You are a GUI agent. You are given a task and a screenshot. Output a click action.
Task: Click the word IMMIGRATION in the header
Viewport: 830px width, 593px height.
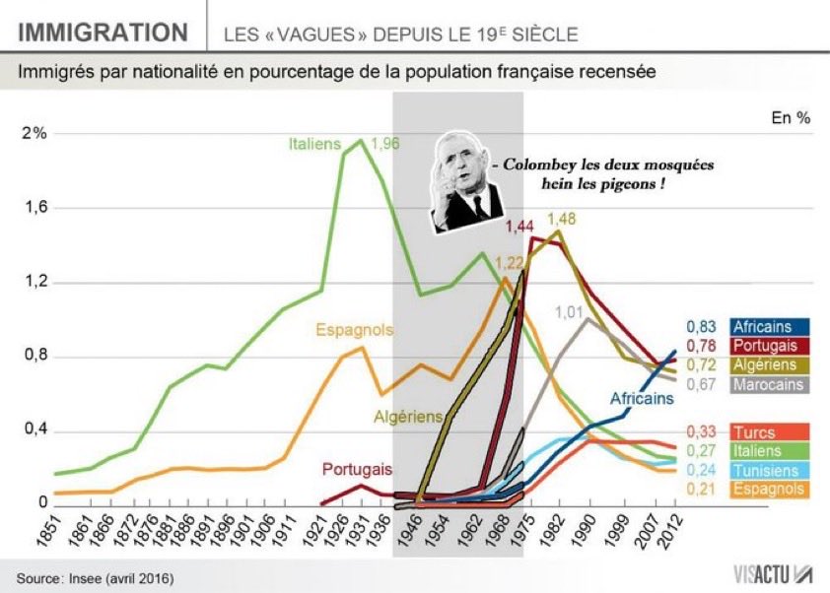click(x=104, y=33)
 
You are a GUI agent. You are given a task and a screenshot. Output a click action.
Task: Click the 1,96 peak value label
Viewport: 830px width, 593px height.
click(x=385, y=144)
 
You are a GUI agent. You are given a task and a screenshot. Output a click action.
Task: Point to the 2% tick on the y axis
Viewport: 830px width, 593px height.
click(x=34, y=134)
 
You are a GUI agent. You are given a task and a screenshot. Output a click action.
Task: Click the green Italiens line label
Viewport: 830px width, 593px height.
click(x=314, y=144)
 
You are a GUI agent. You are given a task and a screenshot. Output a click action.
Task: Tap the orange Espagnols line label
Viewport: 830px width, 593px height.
click(x=355, y=329)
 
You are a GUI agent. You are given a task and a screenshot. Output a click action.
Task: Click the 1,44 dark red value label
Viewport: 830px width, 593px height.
click(x=519, y=227)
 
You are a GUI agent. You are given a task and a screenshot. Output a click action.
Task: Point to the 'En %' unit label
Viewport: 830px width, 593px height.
click(x=791, y=117)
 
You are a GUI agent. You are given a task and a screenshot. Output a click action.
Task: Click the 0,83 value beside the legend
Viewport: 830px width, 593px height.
click(x=701, y=327)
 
